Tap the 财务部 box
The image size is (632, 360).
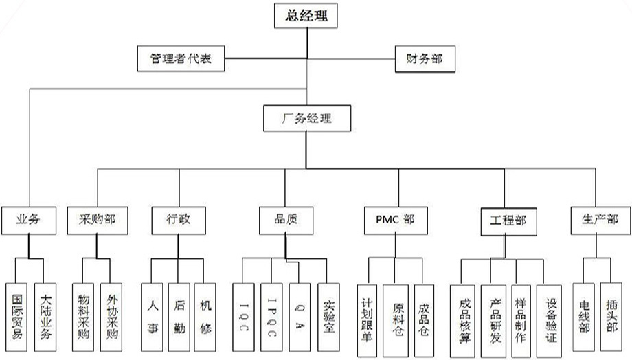(x=425, y=58)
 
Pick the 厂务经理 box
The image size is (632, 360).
(x=307, y=118)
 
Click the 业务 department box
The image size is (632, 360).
(x=27, y=221)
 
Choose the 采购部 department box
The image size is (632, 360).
(x=98, y=221)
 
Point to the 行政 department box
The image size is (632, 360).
(x=179, y=221)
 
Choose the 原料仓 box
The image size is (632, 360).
(x=396, y=319)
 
